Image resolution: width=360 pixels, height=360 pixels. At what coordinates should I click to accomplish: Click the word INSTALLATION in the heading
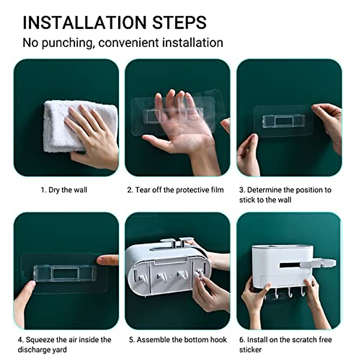[84, 22]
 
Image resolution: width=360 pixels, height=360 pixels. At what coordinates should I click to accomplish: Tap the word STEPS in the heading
[179, 22]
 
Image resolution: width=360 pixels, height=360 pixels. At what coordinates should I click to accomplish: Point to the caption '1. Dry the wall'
[64, 190]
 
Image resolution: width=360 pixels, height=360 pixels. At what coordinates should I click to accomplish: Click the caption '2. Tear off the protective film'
[175, 190]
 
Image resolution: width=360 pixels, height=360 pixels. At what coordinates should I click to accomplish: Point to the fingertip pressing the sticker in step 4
[102, 260]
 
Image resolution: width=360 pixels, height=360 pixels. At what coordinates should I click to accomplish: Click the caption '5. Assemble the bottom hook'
[178, 340]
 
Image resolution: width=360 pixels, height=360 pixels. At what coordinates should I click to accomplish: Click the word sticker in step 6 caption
[250, 350]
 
